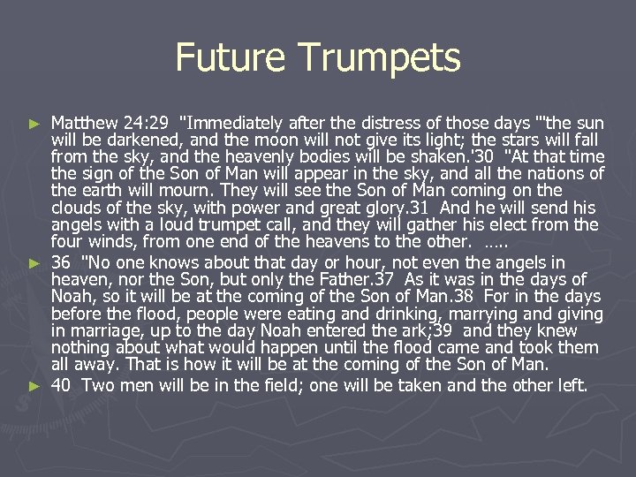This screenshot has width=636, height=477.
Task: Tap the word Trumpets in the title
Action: pyautogui.click(x=380, y=57)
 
